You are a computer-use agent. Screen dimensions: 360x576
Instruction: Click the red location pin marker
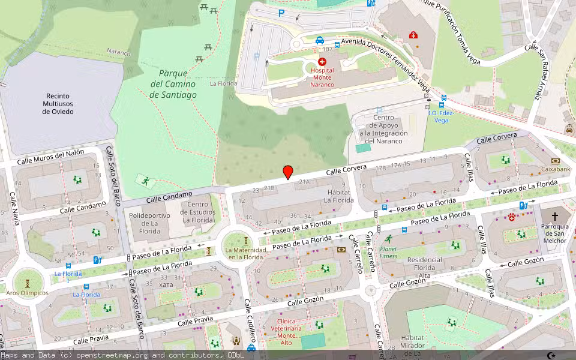[288, 172]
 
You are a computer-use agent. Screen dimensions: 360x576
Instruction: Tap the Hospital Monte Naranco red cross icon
[322, 62]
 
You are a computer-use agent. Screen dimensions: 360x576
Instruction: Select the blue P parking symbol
[281, 13]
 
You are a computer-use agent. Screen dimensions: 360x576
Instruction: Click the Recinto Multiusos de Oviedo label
[58, 104]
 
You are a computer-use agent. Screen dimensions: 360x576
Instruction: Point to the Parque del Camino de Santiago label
[173, 84]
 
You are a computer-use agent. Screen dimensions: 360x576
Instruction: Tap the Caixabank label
[555, 169]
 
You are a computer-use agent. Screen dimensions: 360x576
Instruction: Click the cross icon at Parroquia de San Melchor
[554, 216]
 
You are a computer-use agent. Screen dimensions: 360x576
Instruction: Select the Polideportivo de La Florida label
[145, 223]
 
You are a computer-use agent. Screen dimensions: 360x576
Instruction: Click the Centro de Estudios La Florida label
[199, 212]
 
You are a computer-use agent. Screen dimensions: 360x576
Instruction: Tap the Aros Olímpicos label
[27, 293]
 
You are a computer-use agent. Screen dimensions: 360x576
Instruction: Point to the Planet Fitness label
[388, 252]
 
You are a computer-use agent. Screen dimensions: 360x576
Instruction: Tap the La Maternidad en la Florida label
[244, 253]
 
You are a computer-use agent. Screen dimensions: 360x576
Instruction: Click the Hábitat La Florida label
[338, 196]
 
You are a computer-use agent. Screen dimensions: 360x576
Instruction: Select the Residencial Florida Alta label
[424, 268]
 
